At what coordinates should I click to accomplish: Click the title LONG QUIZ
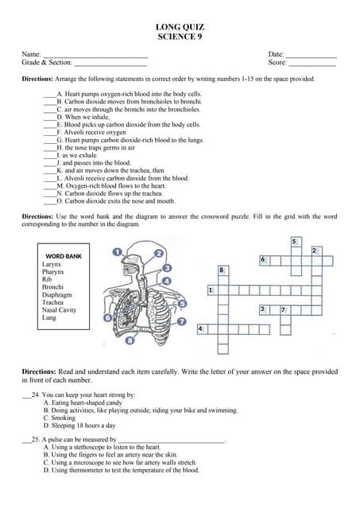point(181,28)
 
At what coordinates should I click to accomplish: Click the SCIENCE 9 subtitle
point(181,37)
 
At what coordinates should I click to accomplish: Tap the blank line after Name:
point(95,55)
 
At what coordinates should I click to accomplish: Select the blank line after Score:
point(312,63)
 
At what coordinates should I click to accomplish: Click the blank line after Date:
point(311,55)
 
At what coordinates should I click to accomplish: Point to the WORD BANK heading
point(64,256)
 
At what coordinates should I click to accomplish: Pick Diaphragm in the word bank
point(57,295)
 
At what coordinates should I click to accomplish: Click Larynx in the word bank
point(52,264)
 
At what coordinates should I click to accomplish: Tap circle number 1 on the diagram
point(118,251)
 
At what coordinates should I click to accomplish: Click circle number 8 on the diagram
point(130,341)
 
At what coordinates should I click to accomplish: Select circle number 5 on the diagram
point(183,304)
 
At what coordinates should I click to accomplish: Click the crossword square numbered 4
point(202,328)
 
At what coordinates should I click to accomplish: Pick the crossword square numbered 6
point(264,260)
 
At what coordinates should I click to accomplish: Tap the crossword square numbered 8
point(222,271)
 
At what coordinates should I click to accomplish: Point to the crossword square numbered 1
point(211,291)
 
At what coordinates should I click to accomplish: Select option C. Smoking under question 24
point(60,418)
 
